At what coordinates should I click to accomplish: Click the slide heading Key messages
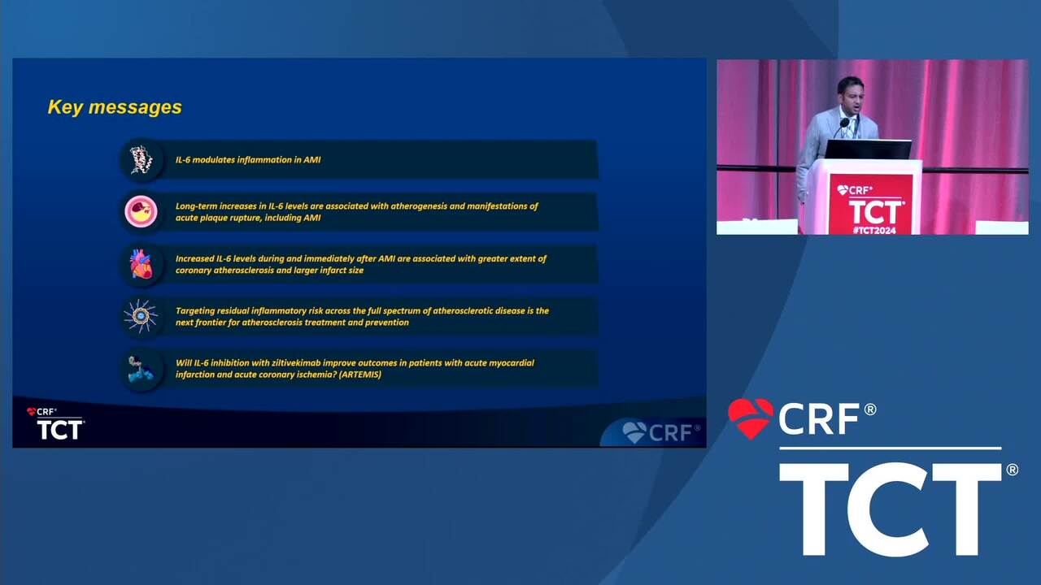tap(115, 106)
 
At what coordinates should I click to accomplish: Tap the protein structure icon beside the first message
tap(142, 160)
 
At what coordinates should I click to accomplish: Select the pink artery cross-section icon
tap(141, 212)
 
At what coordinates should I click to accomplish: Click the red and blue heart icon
tap(142, 264)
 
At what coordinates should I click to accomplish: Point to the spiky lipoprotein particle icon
tap(141, 316)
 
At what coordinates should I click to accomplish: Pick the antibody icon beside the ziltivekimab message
tap(141, 369)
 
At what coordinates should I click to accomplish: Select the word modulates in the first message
tap(214, 160)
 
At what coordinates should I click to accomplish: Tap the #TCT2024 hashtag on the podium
tap(874, 230)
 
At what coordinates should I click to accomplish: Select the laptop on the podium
tap(868, 149)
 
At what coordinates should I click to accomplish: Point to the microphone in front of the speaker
tap(844, 123)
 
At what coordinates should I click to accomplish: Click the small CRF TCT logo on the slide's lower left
tap(55, 423)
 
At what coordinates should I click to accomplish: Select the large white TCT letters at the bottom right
tap(890, 509)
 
